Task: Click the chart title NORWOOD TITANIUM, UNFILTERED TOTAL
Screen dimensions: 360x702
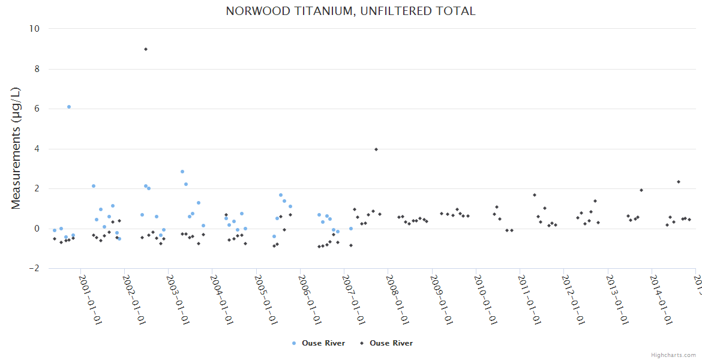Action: (x=350, y=11)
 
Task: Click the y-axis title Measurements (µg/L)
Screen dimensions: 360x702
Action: (x=16, y=148)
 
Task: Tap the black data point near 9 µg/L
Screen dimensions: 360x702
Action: (x=146, y=49)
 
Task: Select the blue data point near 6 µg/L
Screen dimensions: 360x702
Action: (x=69, y=107)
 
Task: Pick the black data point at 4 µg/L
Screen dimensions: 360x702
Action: (x=376, y=149)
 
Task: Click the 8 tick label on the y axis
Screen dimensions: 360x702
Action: (x=36, y=69)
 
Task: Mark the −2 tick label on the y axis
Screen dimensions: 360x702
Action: (x=34, y=269)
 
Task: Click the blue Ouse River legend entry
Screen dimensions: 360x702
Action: (x=318, y=343)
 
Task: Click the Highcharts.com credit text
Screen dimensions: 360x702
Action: (x=673, y=355)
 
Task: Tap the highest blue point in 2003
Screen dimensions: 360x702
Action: (x=182, y=172)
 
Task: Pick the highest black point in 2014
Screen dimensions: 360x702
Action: (x=679, y=182)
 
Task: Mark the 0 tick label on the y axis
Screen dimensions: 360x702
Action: (x=37, y=229)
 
